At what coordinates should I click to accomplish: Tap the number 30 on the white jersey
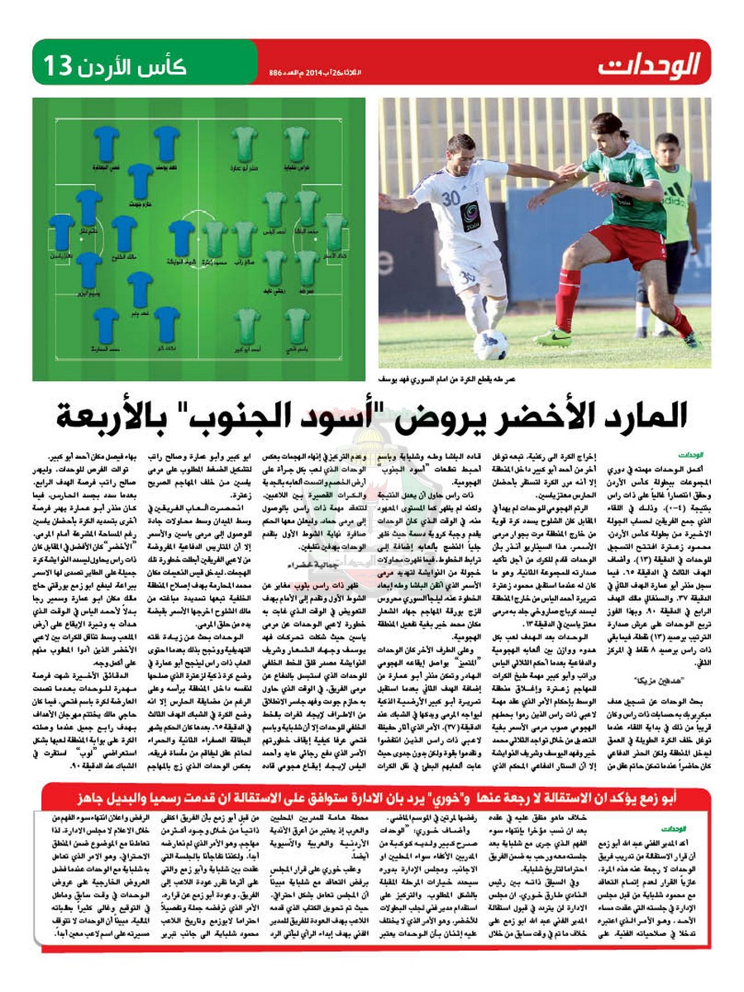click(451, 198)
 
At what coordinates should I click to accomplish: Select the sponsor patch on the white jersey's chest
click(470, 217)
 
